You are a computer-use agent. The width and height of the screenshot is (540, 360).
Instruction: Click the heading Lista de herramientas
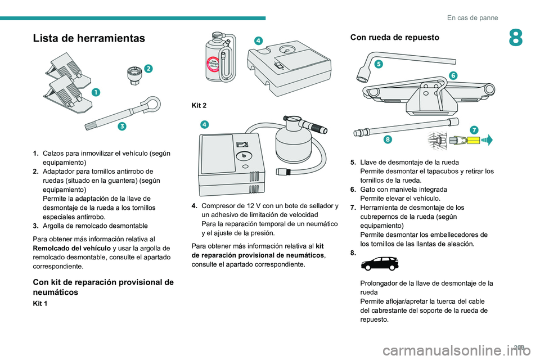tap(89, 38)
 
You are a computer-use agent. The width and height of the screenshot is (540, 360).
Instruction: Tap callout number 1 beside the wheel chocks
tap(97, 92)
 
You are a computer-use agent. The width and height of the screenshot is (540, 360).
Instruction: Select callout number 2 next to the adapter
tap(148, 68)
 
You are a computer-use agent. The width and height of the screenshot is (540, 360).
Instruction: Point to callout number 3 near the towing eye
tap(122, 127)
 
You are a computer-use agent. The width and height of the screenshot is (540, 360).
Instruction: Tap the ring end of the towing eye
tap(151, 104)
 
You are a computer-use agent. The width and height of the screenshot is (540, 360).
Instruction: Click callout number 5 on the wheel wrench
tap(379, 64)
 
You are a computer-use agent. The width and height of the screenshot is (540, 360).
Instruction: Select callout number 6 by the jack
tap(453, 75)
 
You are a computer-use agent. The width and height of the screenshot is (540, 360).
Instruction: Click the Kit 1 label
tap(41, 303)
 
